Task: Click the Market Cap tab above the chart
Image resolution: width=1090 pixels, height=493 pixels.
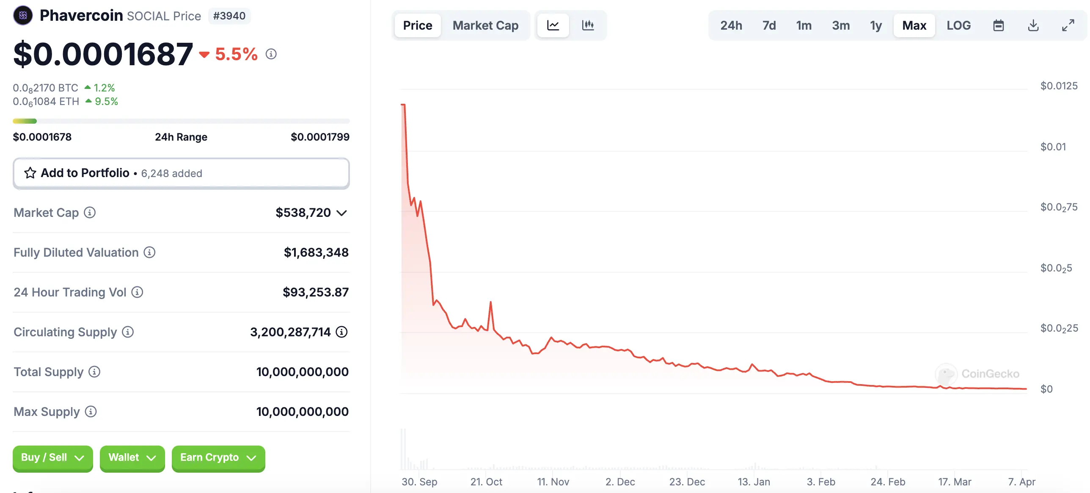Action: [485, 25]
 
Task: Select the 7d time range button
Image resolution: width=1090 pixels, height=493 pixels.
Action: [769, 25]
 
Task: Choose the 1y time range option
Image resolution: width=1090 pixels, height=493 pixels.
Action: [876, 25]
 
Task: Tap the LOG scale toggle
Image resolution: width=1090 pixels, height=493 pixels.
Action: [958, 25]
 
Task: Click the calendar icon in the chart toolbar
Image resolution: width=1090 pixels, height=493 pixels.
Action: [998, 25]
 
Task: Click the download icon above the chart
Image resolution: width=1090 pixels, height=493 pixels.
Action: [1033, 25]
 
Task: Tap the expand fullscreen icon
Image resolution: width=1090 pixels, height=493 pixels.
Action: [1068, 25]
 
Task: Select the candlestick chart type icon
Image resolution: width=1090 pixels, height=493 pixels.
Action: [588, 25]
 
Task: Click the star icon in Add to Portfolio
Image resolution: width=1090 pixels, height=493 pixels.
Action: [30, 173]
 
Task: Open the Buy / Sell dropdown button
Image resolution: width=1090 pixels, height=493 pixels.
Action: [52, 458]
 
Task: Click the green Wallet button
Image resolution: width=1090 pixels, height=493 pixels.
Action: [132, 458]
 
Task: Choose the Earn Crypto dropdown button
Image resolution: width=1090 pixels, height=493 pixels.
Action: [218, 458]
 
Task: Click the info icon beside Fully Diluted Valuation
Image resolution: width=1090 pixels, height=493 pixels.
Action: [149, 252]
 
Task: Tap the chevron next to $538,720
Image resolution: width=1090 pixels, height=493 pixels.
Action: [341, 213]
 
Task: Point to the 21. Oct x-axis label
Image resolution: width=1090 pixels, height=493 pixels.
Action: [486, 482]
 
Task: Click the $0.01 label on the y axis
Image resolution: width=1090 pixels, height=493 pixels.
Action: [1053, 147]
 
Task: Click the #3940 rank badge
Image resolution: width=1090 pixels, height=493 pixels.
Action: [229, 16]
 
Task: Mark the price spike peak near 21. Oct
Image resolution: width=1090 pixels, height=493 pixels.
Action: [490, 302]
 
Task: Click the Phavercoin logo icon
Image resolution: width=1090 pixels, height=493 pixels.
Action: [23, 16]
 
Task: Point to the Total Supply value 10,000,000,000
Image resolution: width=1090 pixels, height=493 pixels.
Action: [302, 372]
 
